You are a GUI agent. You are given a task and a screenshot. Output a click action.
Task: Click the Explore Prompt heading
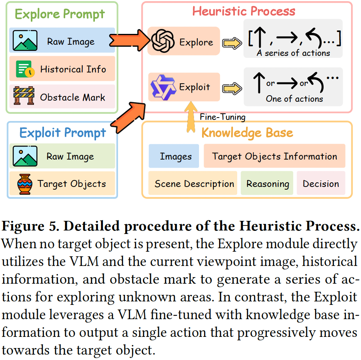pyautogui.click(x=60, y=14)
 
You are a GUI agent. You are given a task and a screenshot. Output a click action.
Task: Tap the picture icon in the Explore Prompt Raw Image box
pyautogui.click(x=25, y=40)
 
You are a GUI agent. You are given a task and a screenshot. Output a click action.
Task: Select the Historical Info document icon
pyautogui.click(x=25, y=69)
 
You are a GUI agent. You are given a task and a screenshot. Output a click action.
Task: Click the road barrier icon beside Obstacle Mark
pyautogui.click(x=24, y=96)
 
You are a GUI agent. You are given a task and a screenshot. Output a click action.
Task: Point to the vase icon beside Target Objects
pyautogui.click(x=25, y=184)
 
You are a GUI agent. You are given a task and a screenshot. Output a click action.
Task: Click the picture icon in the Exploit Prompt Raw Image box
pyautogui.click(x=25, y=156)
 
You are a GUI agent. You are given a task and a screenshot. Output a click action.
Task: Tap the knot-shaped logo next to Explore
pyautogui.click(x=162, y=41)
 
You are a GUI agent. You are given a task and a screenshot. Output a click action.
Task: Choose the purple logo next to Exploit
pyautogui.click(x=163, y=87)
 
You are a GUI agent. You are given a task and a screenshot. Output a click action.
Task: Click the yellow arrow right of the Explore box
pyautogui.click(x=232, y=43)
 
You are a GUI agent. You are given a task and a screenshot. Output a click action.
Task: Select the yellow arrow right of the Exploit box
pyautogui.click(x=232, y=89)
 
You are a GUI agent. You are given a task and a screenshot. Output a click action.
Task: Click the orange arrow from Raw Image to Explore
pyautogui.click(x=130, y=40)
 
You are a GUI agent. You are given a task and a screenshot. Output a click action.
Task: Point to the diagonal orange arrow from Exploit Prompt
pyautogui.click(x=128, y=117)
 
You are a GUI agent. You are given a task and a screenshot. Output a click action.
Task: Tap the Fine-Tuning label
pyautogui.click(x=223, y=117)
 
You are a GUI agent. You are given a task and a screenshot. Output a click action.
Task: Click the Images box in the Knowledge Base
pyautogui.click(x=174, y=156)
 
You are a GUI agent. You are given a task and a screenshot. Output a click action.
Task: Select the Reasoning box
pyautogui.click(x=267, y=183)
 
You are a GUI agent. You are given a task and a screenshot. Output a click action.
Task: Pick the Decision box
pyautogui.click(x=321, y=183)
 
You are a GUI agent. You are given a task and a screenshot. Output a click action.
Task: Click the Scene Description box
pyautogui.click(x=193, y=183)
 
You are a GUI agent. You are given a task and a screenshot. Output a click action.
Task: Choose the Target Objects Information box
pyautogui.click(x=275, y=156)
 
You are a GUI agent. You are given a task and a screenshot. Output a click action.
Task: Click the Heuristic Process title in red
pyautogui.click(x=244, y=11)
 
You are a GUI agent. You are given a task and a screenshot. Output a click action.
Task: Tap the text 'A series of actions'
pyautogui.click(x=293, y=53)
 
